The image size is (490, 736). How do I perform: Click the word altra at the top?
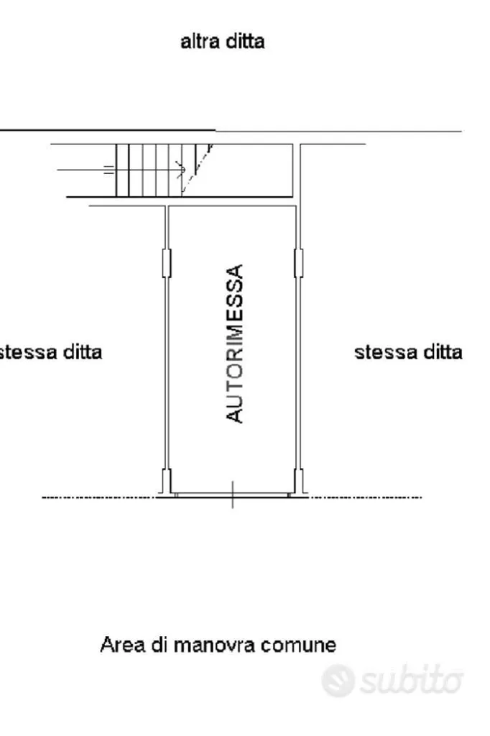coord(200,41)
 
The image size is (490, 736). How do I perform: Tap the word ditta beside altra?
coord(245,41)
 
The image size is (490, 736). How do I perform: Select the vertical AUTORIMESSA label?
coord(235,344)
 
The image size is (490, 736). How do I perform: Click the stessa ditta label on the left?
coord(50,352)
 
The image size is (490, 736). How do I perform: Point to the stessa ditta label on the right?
coord(408,352)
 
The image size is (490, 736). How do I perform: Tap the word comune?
coord(298,645)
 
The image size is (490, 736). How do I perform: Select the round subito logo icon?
coord(338,680)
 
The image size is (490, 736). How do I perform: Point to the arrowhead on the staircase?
coord(181,169)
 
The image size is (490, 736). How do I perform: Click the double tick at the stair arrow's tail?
coord(109,170)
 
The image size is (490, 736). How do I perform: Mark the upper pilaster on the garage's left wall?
coord(167,263)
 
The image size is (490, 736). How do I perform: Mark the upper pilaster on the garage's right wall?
coord(298,263)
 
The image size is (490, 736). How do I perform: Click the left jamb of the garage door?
coord(167,481)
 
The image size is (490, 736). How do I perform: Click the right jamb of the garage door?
coord(298,481)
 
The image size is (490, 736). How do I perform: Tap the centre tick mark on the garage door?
coord(233,494)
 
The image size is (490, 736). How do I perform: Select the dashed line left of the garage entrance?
coord(99,497)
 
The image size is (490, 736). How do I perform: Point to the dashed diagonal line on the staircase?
coord(197,169)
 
